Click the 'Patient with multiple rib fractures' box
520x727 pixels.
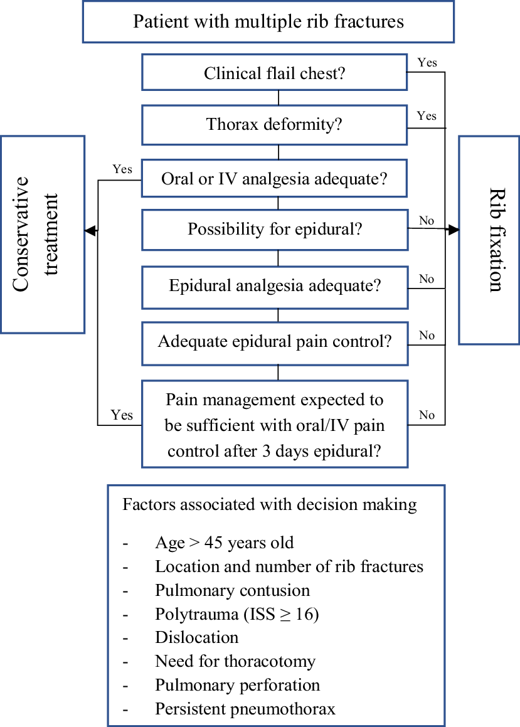(268, 22)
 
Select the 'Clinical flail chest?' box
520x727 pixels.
(275, 73)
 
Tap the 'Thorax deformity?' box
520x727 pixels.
(275, 124)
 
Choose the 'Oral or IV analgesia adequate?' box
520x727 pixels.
(275, 179)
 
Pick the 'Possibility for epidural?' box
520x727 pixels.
(275, 229)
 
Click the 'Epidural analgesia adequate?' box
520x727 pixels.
(275, 286)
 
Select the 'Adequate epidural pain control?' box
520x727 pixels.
(275, 342)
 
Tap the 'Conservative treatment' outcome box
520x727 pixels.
(42, 234)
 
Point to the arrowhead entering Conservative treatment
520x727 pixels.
(90, 231)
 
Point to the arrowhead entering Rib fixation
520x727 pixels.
(454, 230)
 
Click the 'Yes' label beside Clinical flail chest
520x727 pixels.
(427, 63)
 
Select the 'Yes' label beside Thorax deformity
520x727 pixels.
(427, 116)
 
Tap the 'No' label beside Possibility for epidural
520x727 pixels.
(427, 221)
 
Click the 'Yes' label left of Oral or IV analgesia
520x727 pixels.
(122, 169)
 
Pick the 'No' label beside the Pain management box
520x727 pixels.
(427, 415)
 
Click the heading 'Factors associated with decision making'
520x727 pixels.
(269, 504)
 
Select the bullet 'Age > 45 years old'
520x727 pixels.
(224, 543)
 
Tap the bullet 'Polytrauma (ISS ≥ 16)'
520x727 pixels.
(237, 615)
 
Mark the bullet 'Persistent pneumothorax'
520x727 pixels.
(245, 709)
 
